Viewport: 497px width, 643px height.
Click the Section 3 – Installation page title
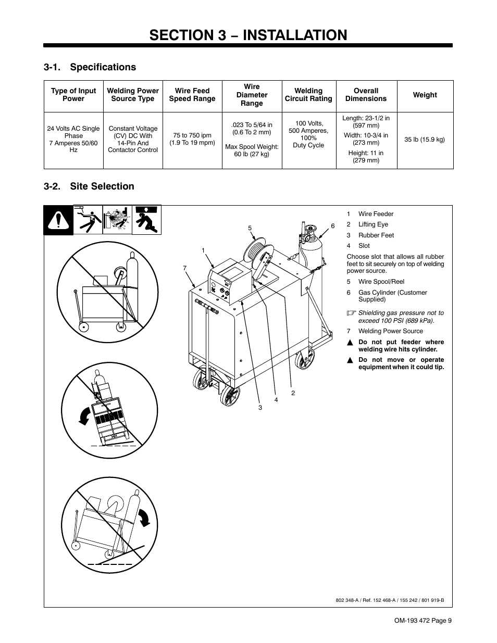point(248,34)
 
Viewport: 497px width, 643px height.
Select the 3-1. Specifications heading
point(90,67)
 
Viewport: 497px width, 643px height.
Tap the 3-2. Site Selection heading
point(89,186)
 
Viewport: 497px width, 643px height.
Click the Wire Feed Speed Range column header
point(192,95)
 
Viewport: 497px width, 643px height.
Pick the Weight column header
point(425,95)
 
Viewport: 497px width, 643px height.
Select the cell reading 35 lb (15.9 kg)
point(425,140)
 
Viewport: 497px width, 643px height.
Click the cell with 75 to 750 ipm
point(192,139)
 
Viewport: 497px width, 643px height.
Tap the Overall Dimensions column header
point(366,95)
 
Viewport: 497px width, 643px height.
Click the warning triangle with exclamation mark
point(58,221)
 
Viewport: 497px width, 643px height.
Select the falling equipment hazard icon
point(147,220)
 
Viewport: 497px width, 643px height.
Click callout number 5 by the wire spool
point(250,228)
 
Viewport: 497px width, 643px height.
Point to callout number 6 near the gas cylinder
point(332,226)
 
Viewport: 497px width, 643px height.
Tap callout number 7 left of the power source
point(184,268)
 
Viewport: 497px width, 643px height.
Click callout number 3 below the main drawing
point(260,407)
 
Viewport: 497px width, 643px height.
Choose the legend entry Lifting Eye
point(373,224)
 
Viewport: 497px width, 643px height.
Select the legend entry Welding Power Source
point(390,331)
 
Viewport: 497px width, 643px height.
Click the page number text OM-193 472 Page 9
point(423,620)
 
